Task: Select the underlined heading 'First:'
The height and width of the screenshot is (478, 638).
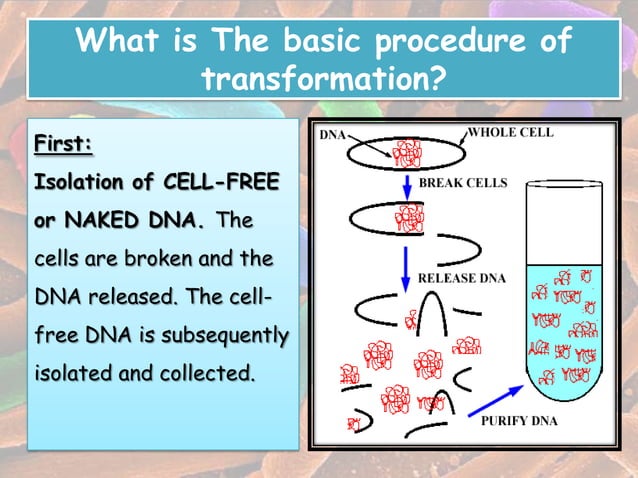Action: pos(63,146)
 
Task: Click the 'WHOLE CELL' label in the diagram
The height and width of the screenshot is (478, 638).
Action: pos(511,132)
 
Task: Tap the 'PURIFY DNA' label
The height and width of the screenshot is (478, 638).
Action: pos(522,421)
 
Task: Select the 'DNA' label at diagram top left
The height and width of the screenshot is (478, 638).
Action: pos(334,133)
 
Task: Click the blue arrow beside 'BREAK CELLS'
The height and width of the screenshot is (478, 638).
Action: pos(405,185)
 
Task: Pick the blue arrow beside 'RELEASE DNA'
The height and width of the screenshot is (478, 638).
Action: pos(406,264)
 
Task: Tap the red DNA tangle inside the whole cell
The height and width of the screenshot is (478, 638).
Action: pos(407,153)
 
